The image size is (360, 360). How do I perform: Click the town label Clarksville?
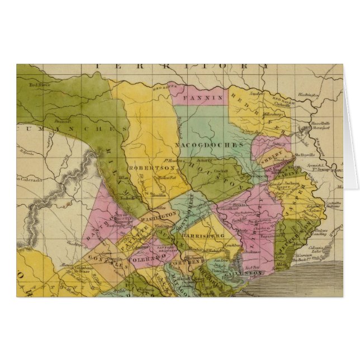pyautogui.click(x=283, y=102)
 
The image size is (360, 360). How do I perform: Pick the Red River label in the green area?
pyautogui.click(x=40, y=86)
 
